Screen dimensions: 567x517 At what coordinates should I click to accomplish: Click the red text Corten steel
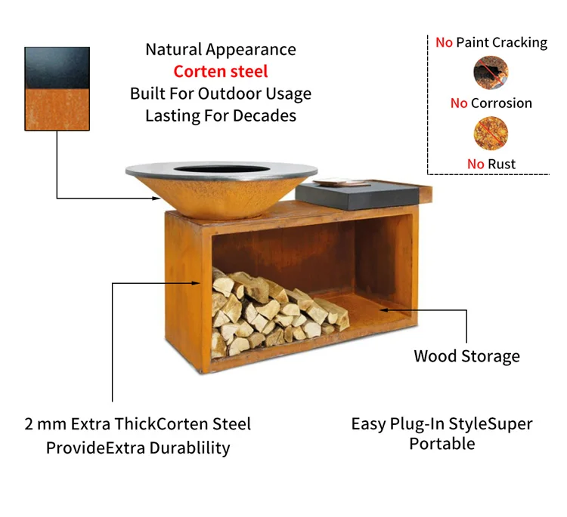click(x=221, y=72)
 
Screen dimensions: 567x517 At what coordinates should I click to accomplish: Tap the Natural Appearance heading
click(x=221, y=50)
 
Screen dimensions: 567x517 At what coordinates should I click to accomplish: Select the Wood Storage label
click(x=467, y=356)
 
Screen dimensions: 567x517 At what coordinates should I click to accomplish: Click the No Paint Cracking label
click(x=491, y=42)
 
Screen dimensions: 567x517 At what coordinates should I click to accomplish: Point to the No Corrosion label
click(x=491, y=103)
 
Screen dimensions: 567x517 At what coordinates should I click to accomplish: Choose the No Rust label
click(x=491, y=165)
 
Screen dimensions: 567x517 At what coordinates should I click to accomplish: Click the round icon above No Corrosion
click(x=491, y=72)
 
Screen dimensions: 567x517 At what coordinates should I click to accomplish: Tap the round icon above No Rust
click(x=491, y=134)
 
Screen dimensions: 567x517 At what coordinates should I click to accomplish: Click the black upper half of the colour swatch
click(x=57, y=68)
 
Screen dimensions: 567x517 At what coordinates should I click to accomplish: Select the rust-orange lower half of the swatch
click(x=57, y=109)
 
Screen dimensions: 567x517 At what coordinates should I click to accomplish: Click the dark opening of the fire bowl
click(x=222, y=169)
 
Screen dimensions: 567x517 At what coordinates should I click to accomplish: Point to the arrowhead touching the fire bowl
click(x=156, y=198)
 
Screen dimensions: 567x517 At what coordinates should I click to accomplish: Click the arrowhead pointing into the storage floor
click(x=383, y=309)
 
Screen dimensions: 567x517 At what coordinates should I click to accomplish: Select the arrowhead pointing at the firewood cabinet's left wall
click(x=196, y=284)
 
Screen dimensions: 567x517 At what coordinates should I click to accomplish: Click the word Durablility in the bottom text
click(x=190, y=448)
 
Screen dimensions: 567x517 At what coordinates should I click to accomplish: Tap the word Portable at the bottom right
click(x=442, y=444)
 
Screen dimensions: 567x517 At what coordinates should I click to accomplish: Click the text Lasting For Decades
click(x=221, y=116)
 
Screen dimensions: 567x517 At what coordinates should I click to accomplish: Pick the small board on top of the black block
click(x=341, y=183)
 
